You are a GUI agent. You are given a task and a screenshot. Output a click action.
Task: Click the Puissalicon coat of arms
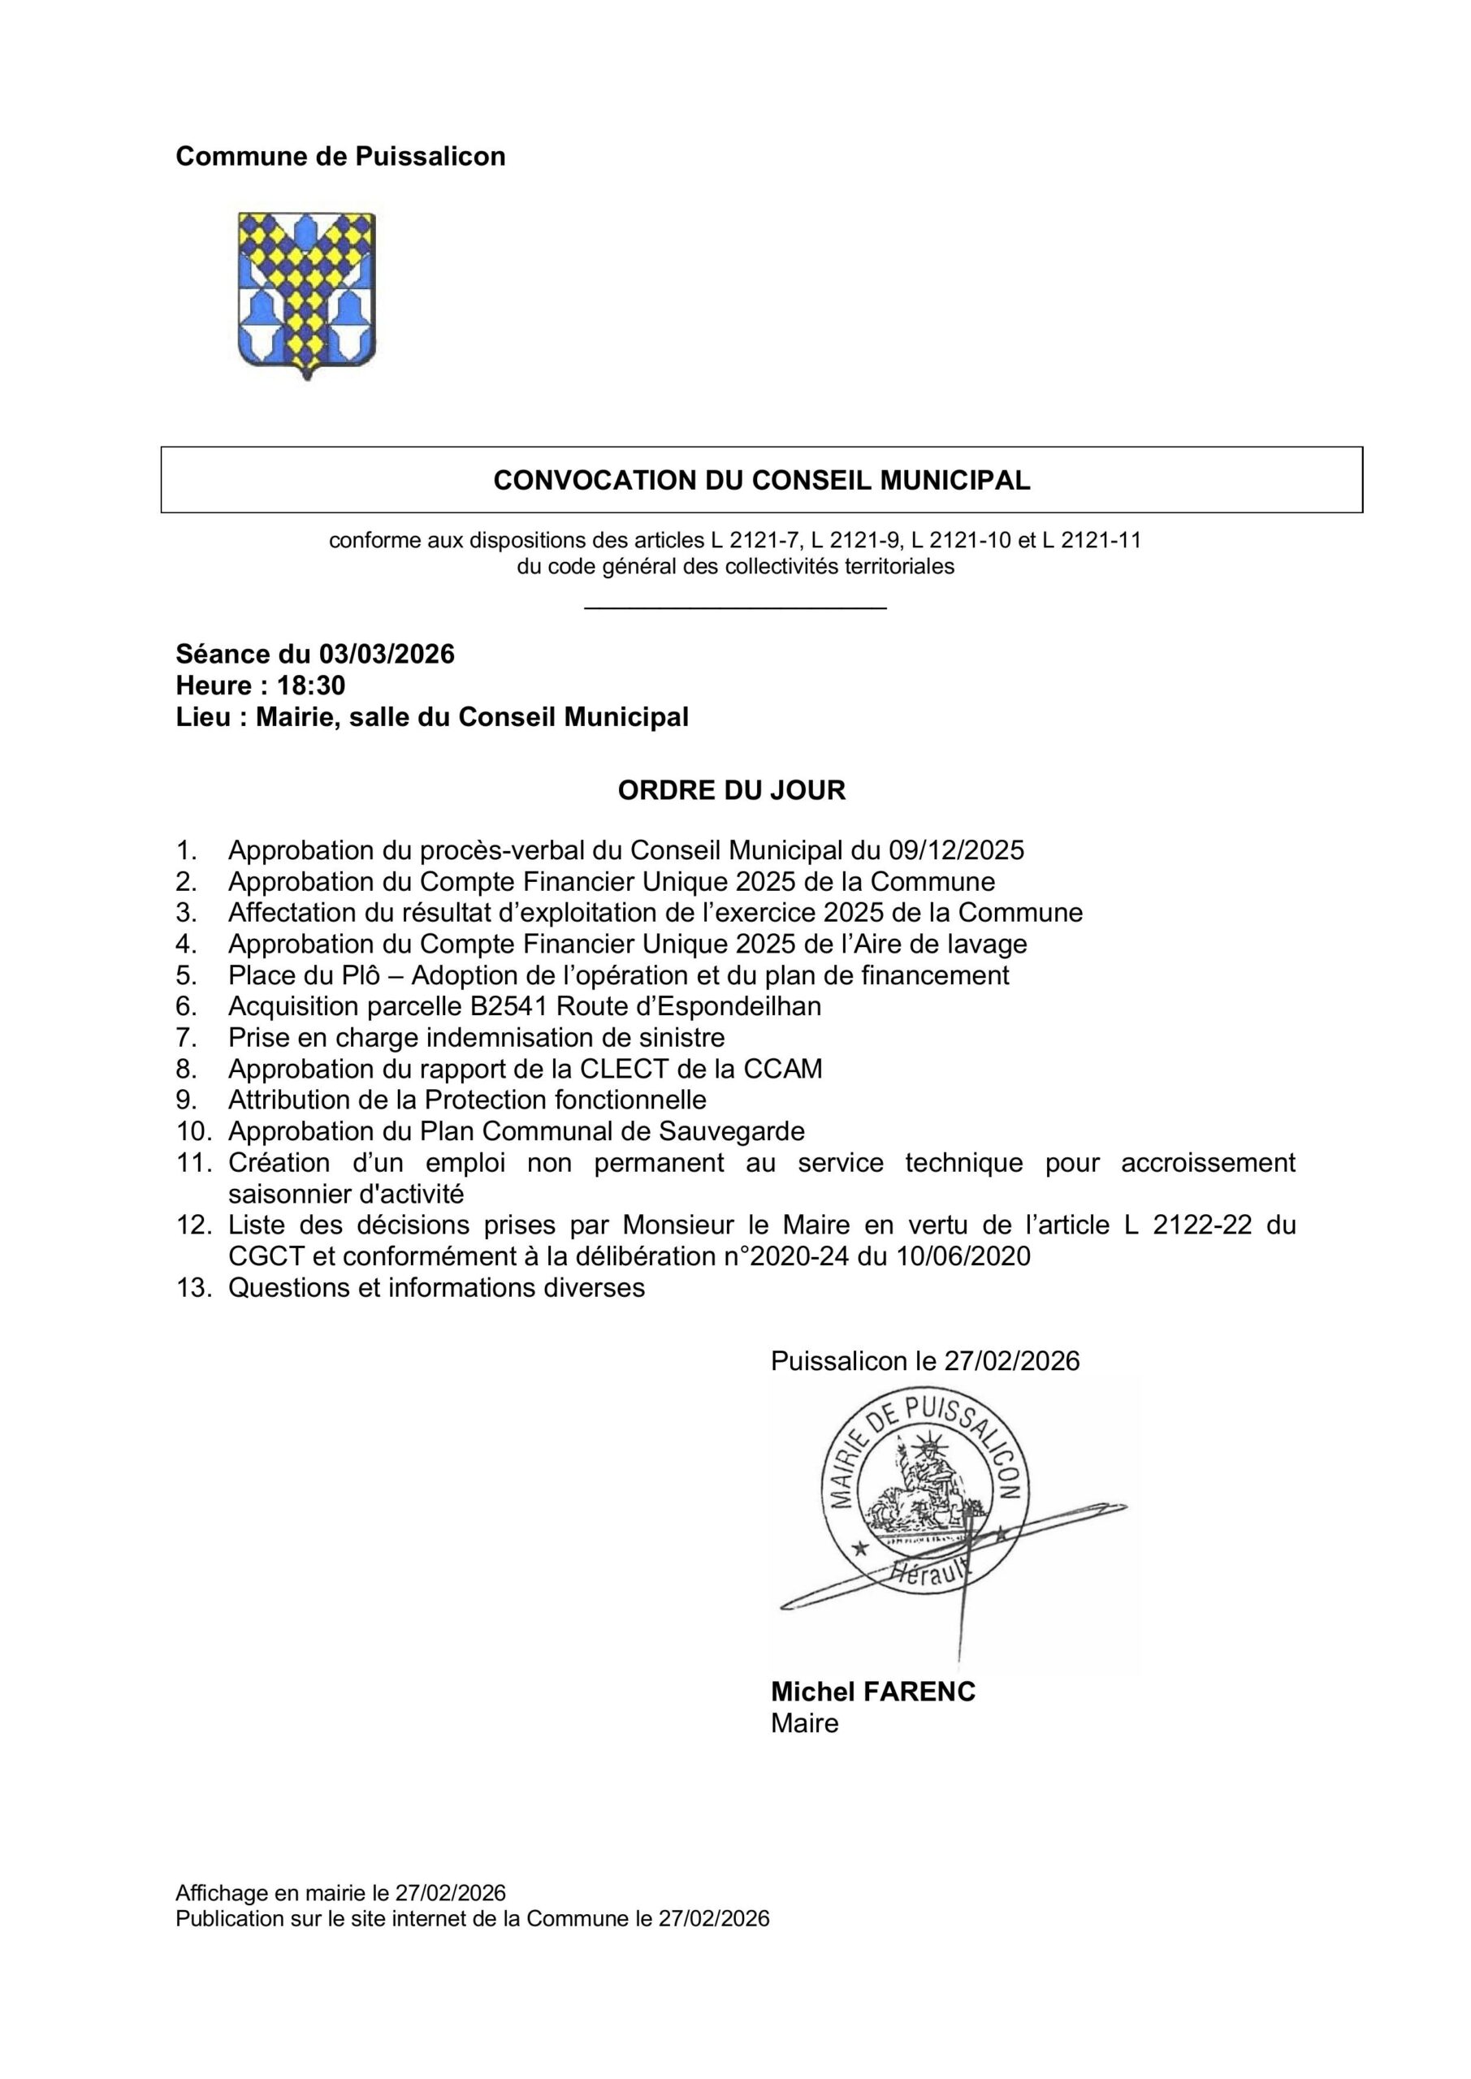[306, 294]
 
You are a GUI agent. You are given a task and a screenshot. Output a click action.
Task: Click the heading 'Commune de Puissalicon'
[340, 157]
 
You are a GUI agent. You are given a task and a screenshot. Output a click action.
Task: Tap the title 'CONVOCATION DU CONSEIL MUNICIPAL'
[761, 480]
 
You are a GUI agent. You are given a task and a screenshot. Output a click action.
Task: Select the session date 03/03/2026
[386, 654]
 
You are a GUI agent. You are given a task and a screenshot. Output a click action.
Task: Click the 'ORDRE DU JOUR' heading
[731, 790]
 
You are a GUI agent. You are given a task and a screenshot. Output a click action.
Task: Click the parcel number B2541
[509, 1006]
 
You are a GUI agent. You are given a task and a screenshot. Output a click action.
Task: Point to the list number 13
[193, 1288]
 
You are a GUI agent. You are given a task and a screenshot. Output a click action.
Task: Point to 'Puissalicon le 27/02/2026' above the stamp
[925, 1361]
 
